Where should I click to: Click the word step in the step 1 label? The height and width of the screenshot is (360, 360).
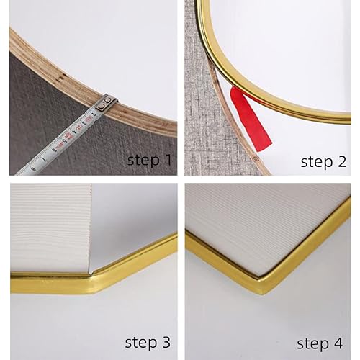143,161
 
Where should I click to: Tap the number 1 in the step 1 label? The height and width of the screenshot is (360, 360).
168,160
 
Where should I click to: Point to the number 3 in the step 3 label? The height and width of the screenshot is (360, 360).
165,342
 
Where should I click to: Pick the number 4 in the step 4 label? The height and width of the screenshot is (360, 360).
337,343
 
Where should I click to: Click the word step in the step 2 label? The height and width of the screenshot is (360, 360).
317,162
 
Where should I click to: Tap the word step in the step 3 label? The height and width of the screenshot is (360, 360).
140,343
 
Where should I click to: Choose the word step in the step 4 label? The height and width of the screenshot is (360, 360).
312,344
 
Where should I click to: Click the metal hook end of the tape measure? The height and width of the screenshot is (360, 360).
107,103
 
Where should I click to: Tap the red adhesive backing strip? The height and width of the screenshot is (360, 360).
250,119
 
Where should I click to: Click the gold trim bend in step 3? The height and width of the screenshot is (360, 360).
92,281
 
